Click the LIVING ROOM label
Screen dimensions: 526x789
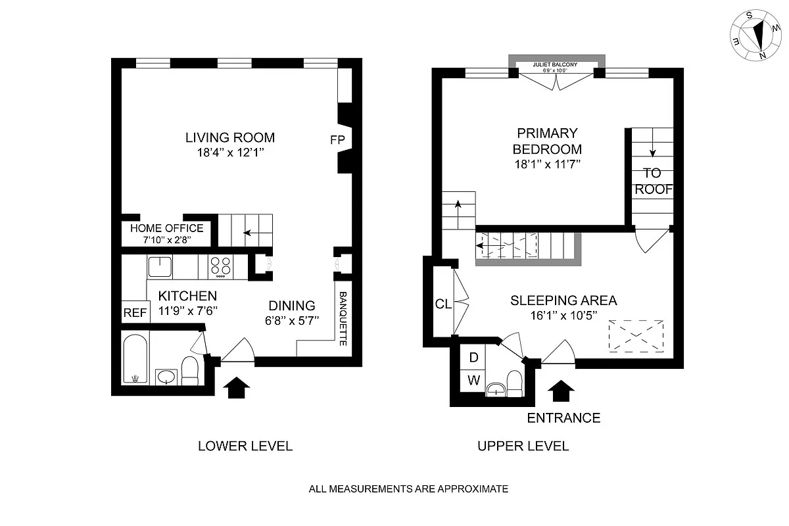coord(229,138)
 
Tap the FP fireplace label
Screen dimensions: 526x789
coord(337,139)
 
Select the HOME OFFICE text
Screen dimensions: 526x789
coord(166,228)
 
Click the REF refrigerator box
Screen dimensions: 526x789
coord(135,313)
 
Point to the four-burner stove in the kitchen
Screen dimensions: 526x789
coord(221,266)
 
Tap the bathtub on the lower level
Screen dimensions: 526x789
coord(135,358)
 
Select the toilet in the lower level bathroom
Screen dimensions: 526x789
coord(189,371)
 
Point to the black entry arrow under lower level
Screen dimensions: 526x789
coord(237,387)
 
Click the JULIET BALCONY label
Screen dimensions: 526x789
coord(555,64)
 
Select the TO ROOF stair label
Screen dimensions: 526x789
coord(653,181)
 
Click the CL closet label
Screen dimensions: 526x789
coord(442,304)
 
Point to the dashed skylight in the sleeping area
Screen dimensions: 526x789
coord(635,334)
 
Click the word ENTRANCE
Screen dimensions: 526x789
coord(563,418)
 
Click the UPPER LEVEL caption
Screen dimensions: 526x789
coord(523,446)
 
